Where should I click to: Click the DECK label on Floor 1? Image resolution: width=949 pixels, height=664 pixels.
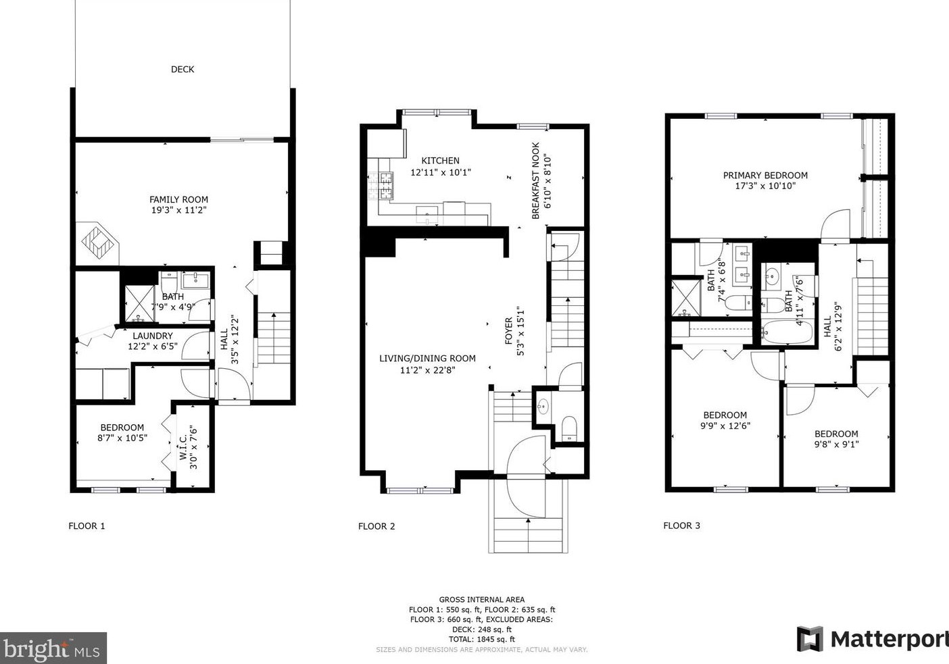click(182, 69)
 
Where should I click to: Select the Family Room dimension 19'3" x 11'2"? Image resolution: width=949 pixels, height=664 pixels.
click(179, 210)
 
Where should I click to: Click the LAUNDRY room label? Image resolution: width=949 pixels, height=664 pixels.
click(153, 336)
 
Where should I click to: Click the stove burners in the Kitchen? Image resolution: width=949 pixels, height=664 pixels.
click(381, 186)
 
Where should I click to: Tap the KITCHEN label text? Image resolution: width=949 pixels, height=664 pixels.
click(440, 161)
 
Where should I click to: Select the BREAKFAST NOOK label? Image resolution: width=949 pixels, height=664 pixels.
click(535, 181)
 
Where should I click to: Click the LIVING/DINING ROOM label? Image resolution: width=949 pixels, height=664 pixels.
click(427, 358)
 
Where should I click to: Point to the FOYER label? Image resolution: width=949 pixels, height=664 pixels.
click(509, 331)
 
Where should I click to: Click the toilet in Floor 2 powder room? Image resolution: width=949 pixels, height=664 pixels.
click(569, 428)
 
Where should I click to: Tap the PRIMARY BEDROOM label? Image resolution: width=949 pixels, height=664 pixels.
click(765, 176)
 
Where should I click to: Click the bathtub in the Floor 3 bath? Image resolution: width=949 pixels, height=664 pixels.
click(787, 332)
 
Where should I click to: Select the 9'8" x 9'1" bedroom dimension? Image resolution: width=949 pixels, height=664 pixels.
click(836, 444)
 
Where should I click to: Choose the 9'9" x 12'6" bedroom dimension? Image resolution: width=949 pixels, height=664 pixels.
click(725, 426)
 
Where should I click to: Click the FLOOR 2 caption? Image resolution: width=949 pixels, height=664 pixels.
click(376, 526)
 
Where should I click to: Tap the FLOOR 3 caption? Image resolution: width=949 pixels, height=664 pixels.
click(681, 526)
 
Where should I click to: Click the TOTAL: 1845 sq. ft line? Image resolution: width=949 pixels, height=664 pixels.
click(482, 640)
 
